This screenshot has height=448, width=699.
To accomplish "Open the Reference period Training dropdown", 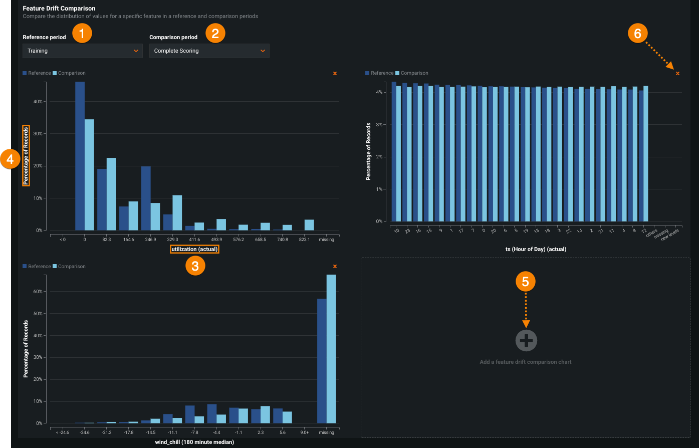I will [x=82, y=51].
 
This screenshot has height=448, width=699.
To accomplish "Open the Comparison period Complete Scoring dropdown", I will [x=209, y=51].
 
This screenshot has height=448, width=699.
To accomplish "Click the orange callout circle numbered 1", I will [x=82, y=34].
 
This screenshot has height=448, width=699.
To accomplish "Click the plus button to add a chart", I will [x=526, y=341].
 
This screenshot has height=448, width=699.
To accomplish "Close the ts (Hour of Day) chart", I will [x=677, y=74].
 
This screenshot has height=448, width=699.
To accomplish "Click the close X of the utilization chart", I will [x=335, y=74].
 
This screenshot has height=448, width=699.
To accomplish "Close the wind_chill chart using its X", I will [x=335, y=267].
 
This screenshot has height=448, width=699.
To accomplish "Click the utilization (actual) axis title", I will [x=194, y=249].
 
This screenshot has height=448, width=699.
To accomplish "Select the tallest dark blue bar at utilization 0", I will [x=80, y=155].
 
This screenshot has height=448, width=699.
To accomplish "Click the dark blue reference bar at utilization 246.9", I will [x=146, y=198].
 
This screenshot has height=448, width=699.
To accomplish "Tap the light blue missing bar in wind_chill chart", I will [x=331, y=348].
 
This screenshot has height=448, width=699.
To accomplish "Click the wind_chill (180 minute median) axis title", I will [x=194, y=442].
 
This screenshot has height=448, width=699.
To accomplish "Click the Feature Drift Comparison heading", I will [x=59, y=9].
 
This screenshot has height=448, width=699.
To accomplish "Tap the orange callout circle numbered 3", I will [x=195, y=266].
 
